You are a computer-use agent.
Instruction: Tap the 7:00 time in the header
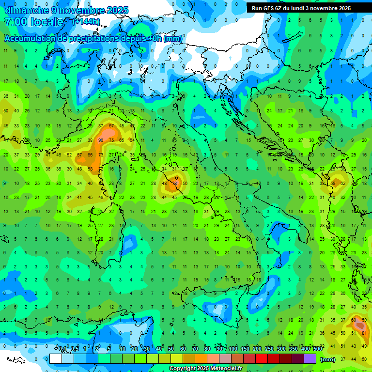coord(14,22)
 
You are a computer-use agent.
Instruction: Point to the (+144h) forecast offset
coord(86,22)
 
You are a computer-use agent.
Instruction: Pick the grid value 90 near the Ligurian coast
coord(101,140)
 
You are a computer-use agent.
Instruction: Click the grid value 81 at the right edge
coord(364,333)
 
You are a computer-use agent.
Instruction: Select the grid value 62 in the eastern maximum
coord(343,184)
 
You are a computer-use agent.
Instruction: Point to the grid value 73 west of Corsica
coord(101,155)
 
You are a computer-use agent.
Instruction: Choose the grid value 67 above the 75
coord(111,126)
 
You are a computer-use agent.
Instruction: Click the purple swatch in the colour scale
coord(310,359)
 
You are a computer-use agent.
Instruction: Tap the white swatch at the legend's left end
coord(56,359)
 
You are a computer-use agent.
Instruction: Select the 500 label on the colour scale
coord(317,349)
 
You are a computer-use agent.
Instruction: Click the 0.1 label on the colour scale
coord(63,349)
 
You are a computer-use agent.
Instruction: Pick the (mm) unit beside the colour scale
coord(328,359)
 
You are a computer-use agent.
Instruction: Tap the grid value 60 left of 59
coord(354,319)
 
